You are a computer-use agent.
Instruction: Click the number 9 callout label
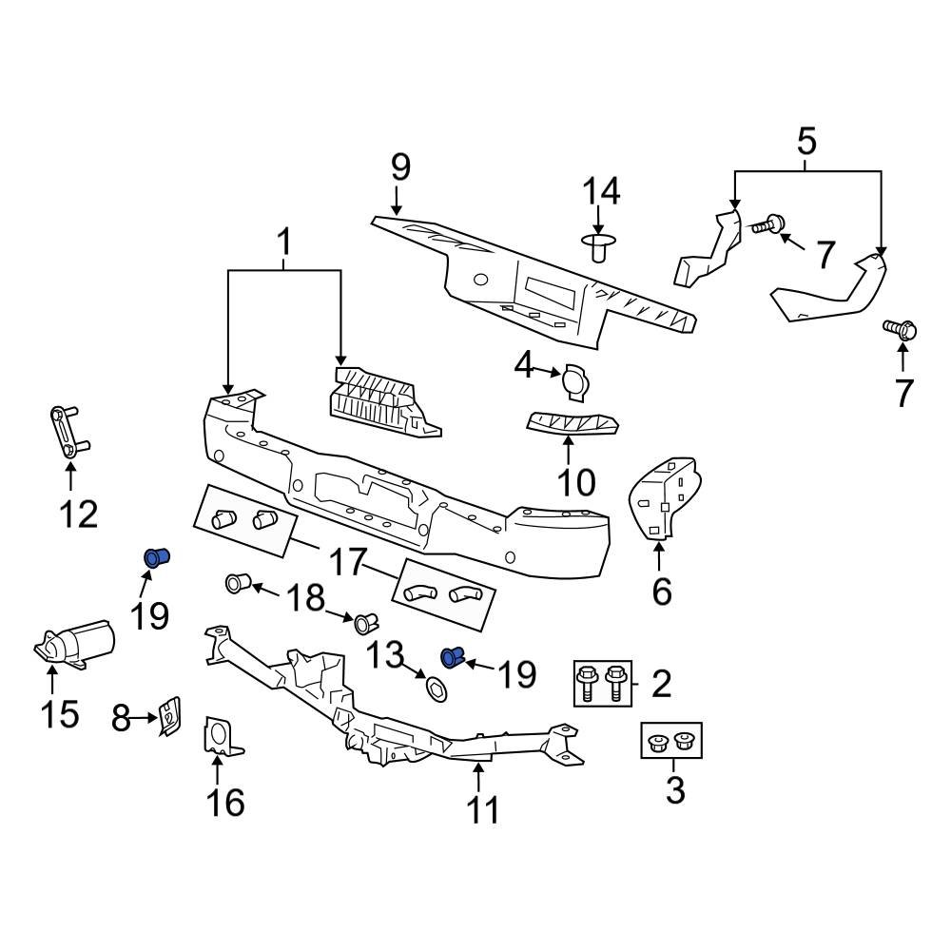400,167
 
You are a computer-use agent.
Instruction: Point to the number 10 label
576,483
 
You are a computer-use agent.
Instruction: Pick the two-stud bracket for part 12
68,431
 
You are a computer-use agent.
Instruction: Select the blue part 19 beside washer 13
453,656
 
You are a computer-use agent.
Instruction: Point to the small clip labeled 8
169,715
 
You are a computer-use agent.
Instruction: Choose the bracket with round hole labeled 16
219,736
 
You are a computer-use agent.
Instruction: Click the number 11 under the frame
482,810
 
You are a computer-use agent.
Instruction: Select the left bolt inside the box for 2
588,683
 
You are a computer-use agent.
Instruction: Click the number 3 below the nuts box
674,789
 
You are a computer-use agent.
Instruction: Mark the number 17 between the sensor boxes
347,561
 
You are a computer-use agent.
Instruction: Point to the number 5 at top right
805,142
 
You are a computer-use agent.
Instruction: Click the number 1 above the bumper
284,244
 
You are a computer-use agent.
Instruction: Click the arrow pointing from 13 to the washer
416,671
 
